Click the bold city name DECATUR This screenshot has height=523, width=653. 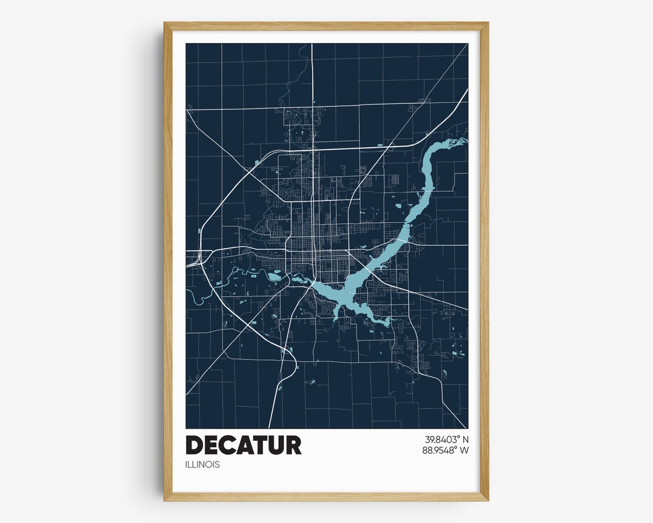coord(243,445)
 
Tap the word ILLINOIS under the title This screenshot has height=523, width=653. coord(203,465)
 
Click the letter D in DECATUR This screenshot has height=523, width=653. coord(195,445)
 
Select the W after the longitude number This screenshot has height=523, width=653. coord(464,450)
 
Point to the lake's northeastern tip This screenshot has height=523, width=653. coord(463,141)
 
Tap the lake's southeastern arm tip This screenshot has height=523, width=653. coord(387,323)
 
